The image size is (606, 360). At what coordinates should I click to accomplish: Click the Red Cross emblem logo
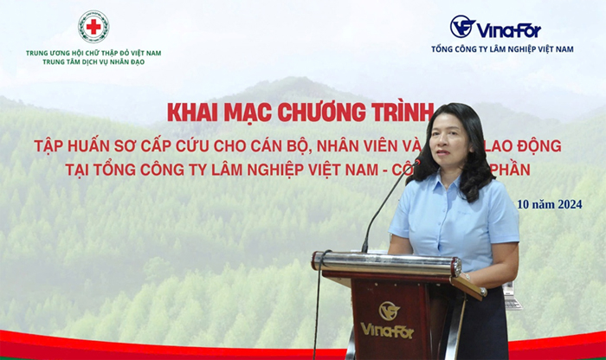(93, 26)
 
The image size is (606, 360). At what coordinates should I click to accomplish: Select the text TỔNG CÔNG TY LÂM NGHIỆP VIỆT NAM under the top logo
(502, 49)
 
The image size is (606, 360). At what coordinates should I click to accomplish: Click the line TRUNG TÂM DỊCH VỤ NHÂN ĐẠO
(93, 63)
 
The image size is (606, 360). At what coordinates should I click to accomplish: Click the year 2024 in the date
(567, 204)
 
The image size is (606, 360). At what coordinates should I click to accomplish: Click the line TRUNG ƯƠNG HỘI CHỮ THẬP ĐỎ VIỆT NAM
(93, 53)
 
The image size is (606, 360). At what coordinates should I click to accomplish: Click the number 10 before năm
(523, 204)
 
